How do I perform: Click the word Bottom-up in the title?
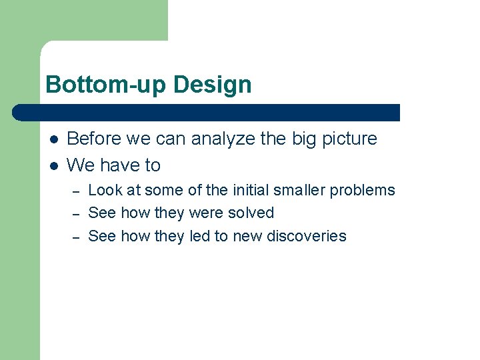pos(107,85)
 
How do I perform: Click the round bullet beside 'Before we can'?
pos(53,139)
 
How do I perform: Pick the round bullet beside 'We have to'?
pos(53,165)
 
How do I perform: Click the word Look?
pos(105,190)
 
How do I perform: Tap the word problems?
pos(362,190)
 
